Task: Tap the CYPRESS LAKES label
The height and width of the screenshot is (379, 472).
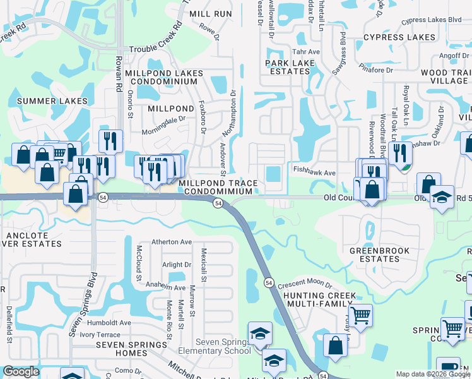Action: [x=399, y=37]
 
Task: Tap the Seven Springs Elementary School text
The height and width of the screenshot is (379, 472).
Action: [x=214, y=347]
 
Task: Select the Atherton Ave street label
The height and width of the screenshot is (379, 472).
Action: [x=171, y=242]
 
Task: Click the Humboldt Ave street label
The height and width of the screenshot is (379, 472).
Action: [x=109, y=322]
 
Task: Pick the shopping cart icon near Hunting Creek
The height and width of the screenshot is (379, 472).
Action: [x=360, y=314]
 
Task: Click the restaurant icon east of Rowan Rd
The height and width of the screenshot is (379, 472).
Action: [x=110, y=140]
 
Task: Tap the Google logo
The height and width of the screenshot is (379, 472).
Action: [x=21, y=372]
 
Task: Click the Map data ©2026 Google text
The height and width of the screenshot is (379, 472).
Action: [x=432, y=374]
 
